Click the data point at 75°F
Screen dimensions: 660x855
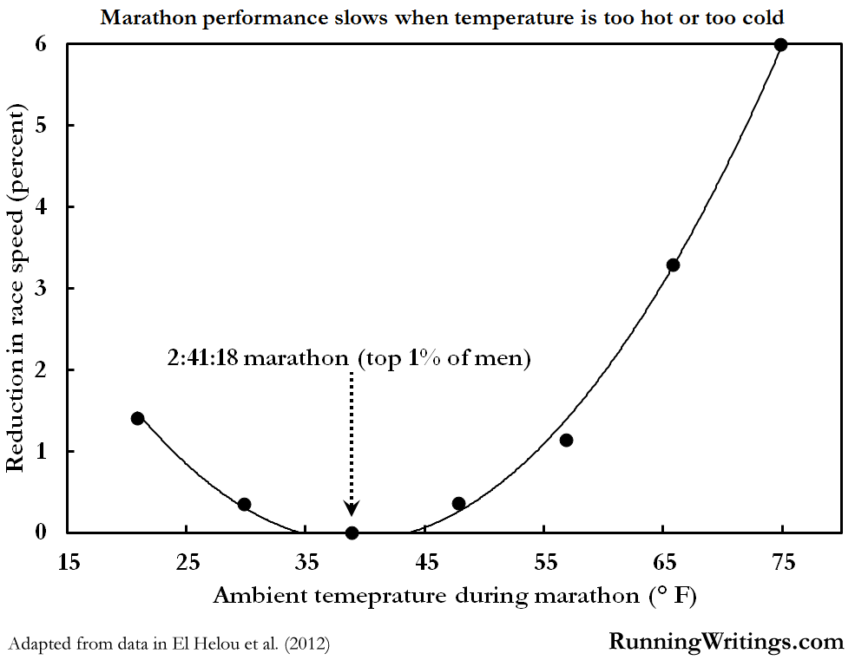(780, 45)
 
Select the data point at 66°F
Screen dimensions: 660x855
(673, 265)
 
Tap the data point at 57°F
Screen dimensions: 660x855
(566, 441)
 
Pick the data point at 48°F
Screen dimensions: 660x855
(458, 504)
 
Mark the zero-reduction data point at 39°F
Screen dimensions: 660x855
(352, 533)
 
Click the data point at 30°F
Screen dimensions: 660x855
(244, 505)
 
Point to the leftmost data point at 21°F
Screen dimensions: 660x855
(137, 418)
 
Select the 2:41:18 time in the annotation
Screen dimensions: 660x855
(202, 358)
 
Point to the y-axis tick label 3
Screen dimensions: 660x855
(41, 288)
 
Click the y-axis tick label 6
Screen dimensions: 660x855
(41, 43)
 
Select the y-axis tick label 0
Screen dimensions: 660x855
(41, 533)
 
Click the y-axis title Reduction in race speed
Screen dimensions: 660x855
(15, 286)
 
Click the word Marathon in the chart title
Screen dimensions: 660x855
(141, 17)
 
